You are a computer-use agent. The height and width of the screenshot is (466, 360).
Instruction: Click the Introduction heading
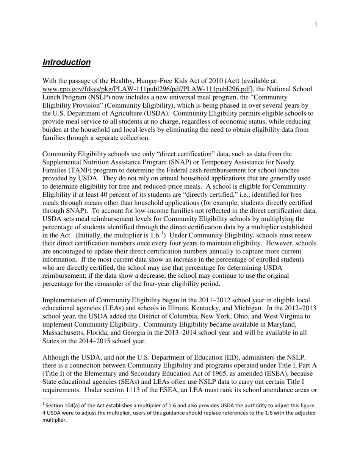tap(66, 62)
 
